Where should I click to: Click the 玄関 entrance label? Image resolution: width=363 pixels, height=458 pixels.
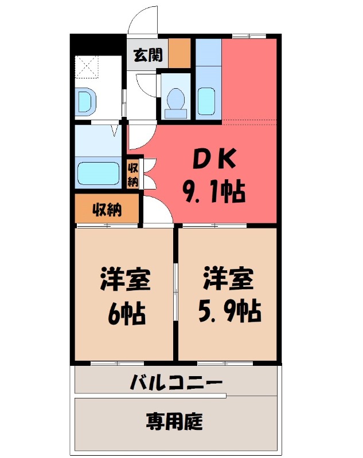tap(148, 56)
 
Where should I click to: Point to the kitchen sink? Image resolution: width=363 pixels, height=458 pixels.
tap(206, 102)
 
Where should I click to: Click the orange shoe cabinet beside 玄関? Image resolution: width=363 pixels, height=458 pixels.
tap(179, 53)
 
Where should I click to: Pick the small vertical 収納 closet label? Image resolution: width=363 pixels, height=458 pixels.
tap(133, 174)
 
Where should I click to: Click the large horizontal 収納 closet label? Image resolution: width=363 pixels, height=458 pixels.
tap(107, 210)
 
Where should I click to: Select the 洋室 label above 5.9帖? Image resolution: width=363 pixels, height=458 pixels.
tap(228, 280)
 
